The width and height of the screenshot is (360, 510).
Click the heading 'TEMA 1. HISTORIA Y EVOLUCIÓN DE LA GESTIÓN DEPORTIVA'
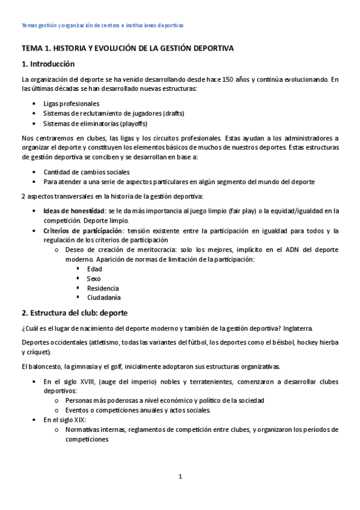[x=127, y=48]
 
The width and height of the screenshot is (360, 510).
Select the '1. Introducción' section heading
[x=48, y=64]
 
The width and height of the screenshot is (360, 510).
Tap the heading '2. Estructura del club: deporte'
[x=74, y=313]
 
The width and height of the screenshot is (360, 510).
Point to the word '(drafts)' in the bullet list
[x=171, y=114]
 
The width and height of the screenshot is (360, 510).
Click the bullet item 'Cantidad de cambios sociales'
[x=86, y=172]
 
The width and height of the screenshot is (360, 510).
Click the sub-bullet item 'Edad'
[x=94, y=269]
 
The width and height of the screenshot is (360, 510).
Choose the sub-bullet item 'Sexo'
[x=94, y=278]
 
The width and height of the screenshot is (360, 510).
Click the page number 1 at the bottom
[x=180, y=477]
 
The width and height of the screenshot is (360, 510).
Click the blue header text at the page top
[x=102, y=25]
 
